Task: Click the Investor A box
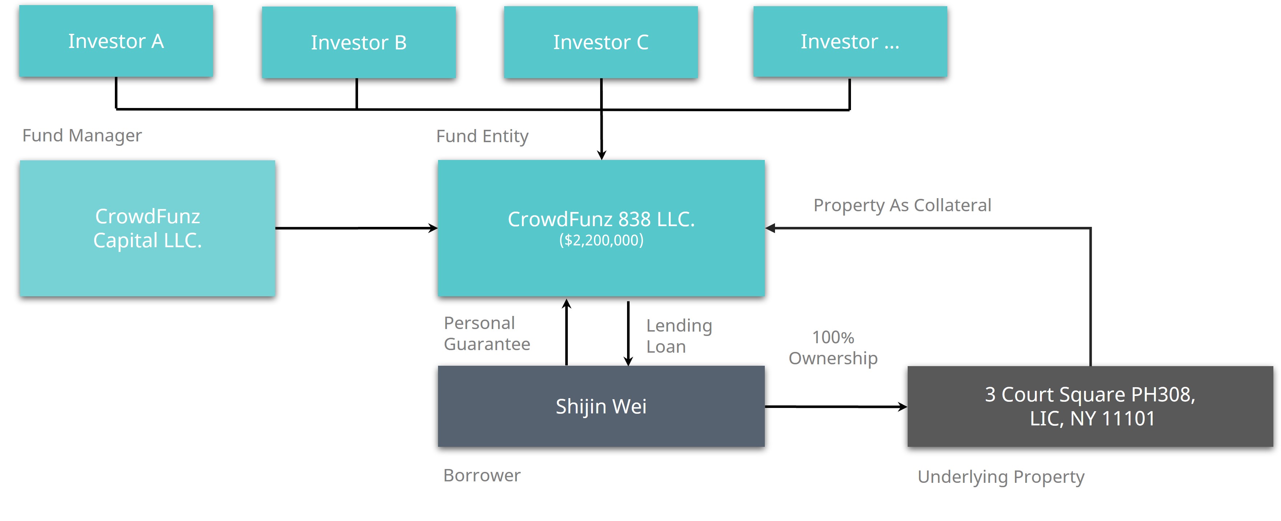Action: pyautogui.click(x=116, y=41)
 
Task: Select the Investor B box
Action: pyautogui.click(x=358, y=42)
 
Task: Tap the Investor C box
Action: pyautogui.click(x=601, y=42)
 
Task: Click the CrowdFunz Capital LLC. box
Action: pyautogui.click(x=147, y=228)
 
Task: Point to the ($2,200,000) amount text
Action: pyautogui.click(x=601, y=240)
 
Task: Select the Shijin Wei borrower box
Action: pyautogui.click(x=601, y=406)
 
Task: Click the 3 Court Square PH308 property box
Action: pyautogui.click(x=1090, y=406)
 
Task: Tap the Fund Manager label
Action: pyautogui.click(x=82, y=136)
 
